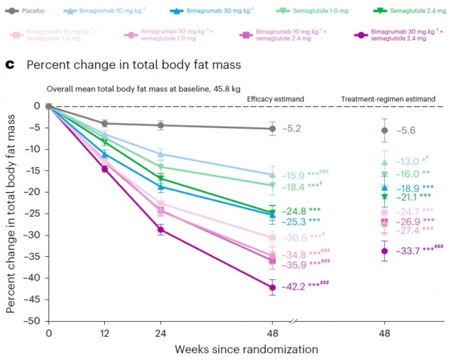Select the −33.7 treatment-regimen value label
406,250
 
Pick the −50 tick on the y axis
35,321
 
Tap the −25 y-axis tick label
35,213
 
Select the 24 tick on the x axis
161,333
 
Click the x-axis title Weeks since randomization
246,348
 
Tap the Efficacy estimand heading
275,99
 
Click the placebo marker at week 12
105,123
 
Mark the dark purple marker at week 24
161,230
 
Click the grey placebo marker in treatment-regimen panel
384,130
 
